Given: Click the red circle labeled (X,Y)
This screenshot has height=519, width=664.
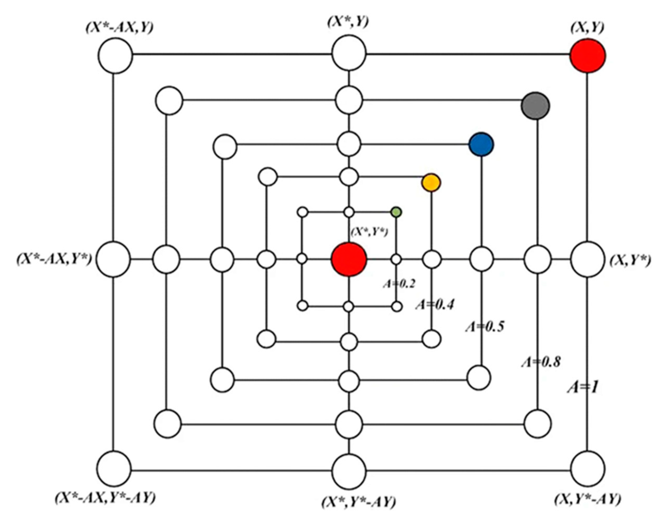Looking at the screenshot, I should [x=587, y=56].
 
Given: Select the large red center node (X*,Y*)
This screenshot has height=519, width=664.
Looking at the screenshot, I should [x=349, y=259].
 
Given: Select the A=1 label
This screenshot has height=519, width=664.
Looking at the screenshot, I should [x=582, y=388].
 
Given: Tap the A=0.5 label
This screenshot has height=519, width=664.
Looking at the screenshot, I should [x=485, y=326].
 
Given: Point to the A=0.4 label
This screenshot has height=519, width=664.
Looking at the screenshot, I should [x=435, y=304].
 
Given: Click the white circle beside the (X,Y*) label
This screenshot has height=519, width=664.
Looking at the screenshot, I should [x=587, y=259].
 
